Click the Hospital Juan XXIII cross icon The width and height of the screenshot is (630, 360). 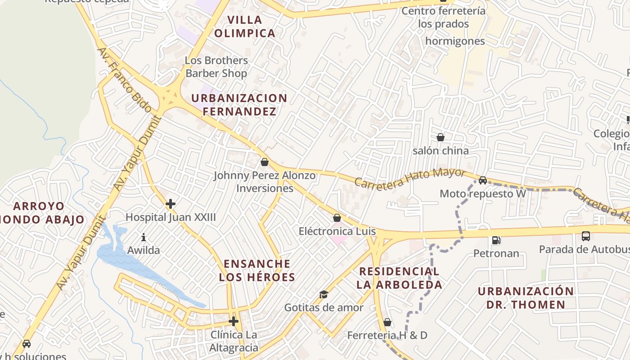pos(171,204)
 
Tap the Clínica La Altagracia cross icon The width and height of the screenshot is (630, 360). pos(234,321)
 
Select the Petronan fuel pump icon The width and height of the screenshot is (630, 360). pos(496,240)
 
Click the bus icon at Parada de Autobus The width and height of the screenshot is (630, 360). pos(586,236)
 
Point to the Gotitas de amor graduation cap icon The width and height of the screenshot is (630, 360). pos(324,295)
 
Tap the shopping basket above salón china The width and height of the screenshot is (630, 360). pos(441,137)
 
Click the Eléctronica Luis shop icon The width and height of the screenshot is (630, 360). pos(337,218)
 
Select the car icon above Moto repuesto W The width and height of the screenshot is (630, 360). pos(483,180)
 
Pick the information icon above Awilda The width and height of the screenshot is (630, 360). pos(144,237)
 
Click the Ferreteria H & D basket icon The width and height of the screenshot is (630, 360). pos(387,322)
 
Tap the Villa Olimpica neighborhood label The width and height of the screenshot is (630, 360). pos(245,27)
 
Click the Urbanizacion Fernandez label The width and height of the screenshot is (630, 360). pos(239,104)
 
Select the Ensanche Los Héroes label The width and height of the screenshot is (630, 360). pos(257,270)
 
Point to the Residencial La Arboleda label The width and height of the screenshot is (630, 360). pos(399,278)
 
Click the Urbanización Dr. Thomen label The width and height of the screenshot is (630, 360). pos(526,297)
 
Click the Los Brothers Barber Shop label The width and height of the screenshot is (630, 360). pos(216,67)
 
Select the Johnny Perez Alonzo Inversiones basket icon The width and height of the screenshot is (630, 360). pos(265,162)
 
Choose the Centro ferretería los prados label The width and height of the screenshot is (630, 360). pos(443,17)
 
